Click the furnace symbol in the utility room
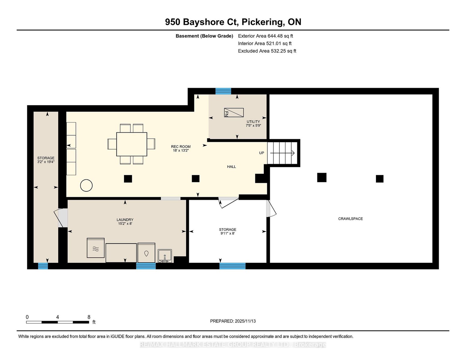coord(234,112)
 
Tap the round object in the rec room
coord(86,185)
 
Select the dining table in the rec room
coord(132,144)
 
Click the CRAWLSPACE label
coord(350,219)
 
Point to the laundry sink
coord(165,256)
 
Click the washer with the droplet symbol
coord(146,253)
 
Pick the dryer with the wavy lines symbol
coord(96,248)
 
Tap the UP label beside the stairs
coord(262,153)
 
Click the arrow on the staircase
coord(282,153)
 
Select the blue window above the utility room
coord(223,91)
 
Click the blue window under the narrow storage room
coord(43,266)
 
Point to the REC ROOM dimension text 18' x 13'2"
coord(181,151)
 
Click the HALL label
coord(231,166)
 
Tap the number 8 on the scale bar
coord(89,317)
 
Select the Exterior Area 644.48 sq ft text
coord(265,36)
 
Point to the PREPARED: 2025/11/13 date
coord(233,321)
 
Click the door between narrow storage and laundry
coord(61,218)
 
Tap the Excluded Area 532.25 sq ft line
coord(267,51)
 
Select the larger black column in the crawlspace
coord(322,178)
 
